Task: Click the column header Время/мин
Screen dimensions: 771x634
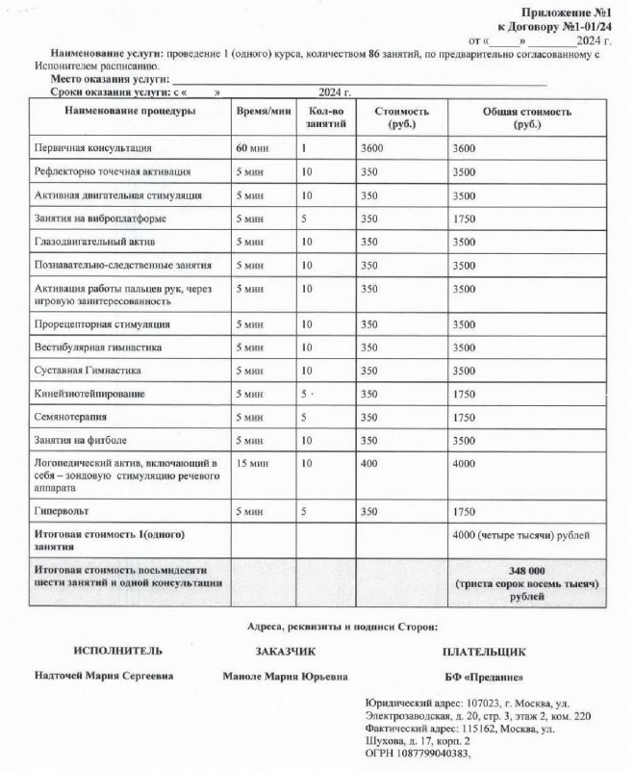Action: (263, 112)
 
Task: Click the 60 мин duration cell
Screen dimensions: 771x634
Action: (252, 149)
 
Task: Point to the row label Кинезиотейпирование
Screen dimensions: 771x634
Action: (90, 394)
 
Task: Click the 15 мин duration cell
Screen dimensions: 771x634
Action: (252, 463)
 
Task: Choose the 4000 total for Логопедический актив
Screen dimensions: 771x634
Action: (467, 463)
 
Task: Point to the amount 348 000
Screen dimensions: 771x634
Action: (526, 570)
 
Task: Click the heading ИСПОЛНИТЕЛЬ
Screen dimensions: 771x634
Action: (112, 652)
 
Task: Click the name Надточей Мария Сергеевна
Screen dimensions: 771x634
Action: (104, 676)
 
